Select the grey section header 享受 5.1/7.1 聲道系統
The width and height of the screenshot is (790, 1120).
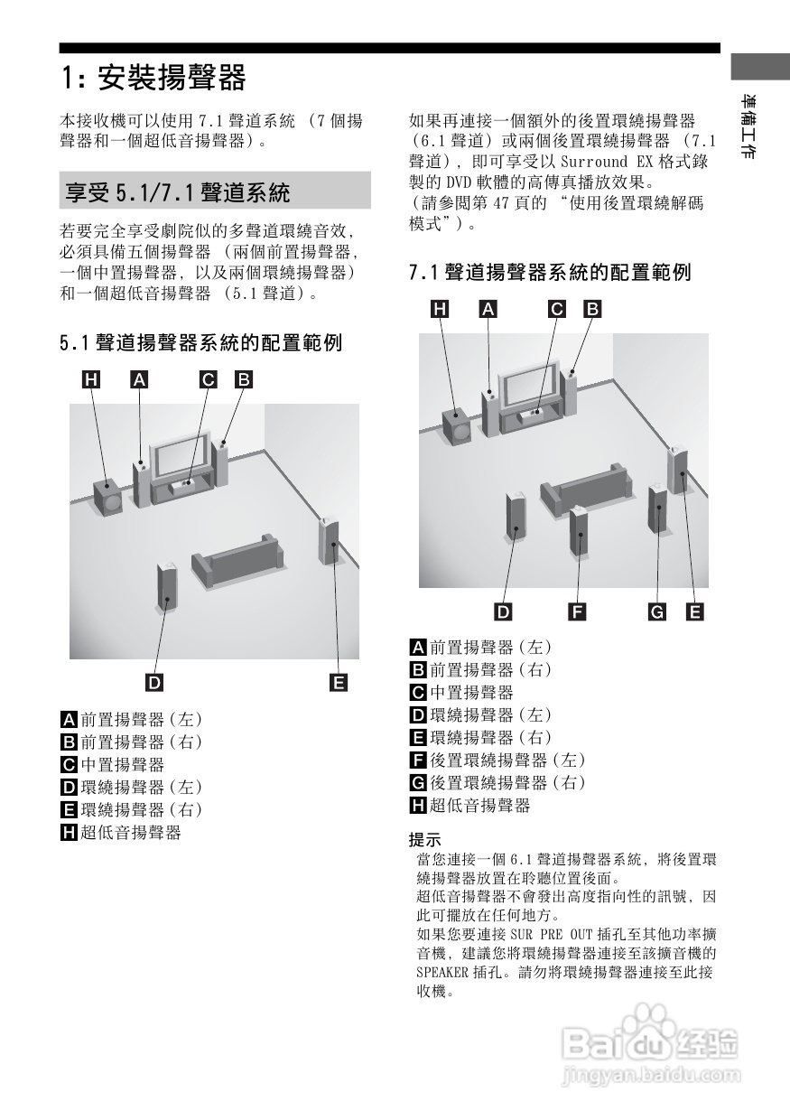178,191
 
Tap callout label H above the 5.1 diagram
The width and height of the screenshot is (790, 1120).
91,380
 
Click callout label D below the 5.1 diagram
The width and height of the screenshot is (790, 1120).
155,682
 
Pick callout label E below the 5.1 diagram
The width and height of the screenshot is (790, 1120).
339,682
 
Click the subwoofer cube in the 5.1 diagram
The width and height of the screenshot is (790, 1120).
108,497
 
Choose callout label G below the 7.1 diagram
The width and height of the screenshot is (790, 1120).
657,611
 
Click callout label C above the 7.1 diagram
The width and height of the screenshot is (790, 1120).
557,310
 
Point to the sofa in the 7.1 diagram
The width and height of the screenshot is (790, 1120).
585,488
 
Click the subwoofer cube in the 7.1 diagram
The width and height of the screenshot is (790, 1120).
457,427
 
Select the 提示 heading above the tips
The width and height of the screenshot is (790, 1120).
425,838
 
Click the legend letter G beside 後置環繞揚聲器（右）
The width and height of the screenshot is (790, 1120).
418,782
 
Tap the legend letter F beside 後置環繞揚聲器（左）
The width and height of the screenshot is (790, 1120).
418,760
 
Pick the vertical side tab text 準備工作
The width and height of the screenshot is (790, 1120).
748,126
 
